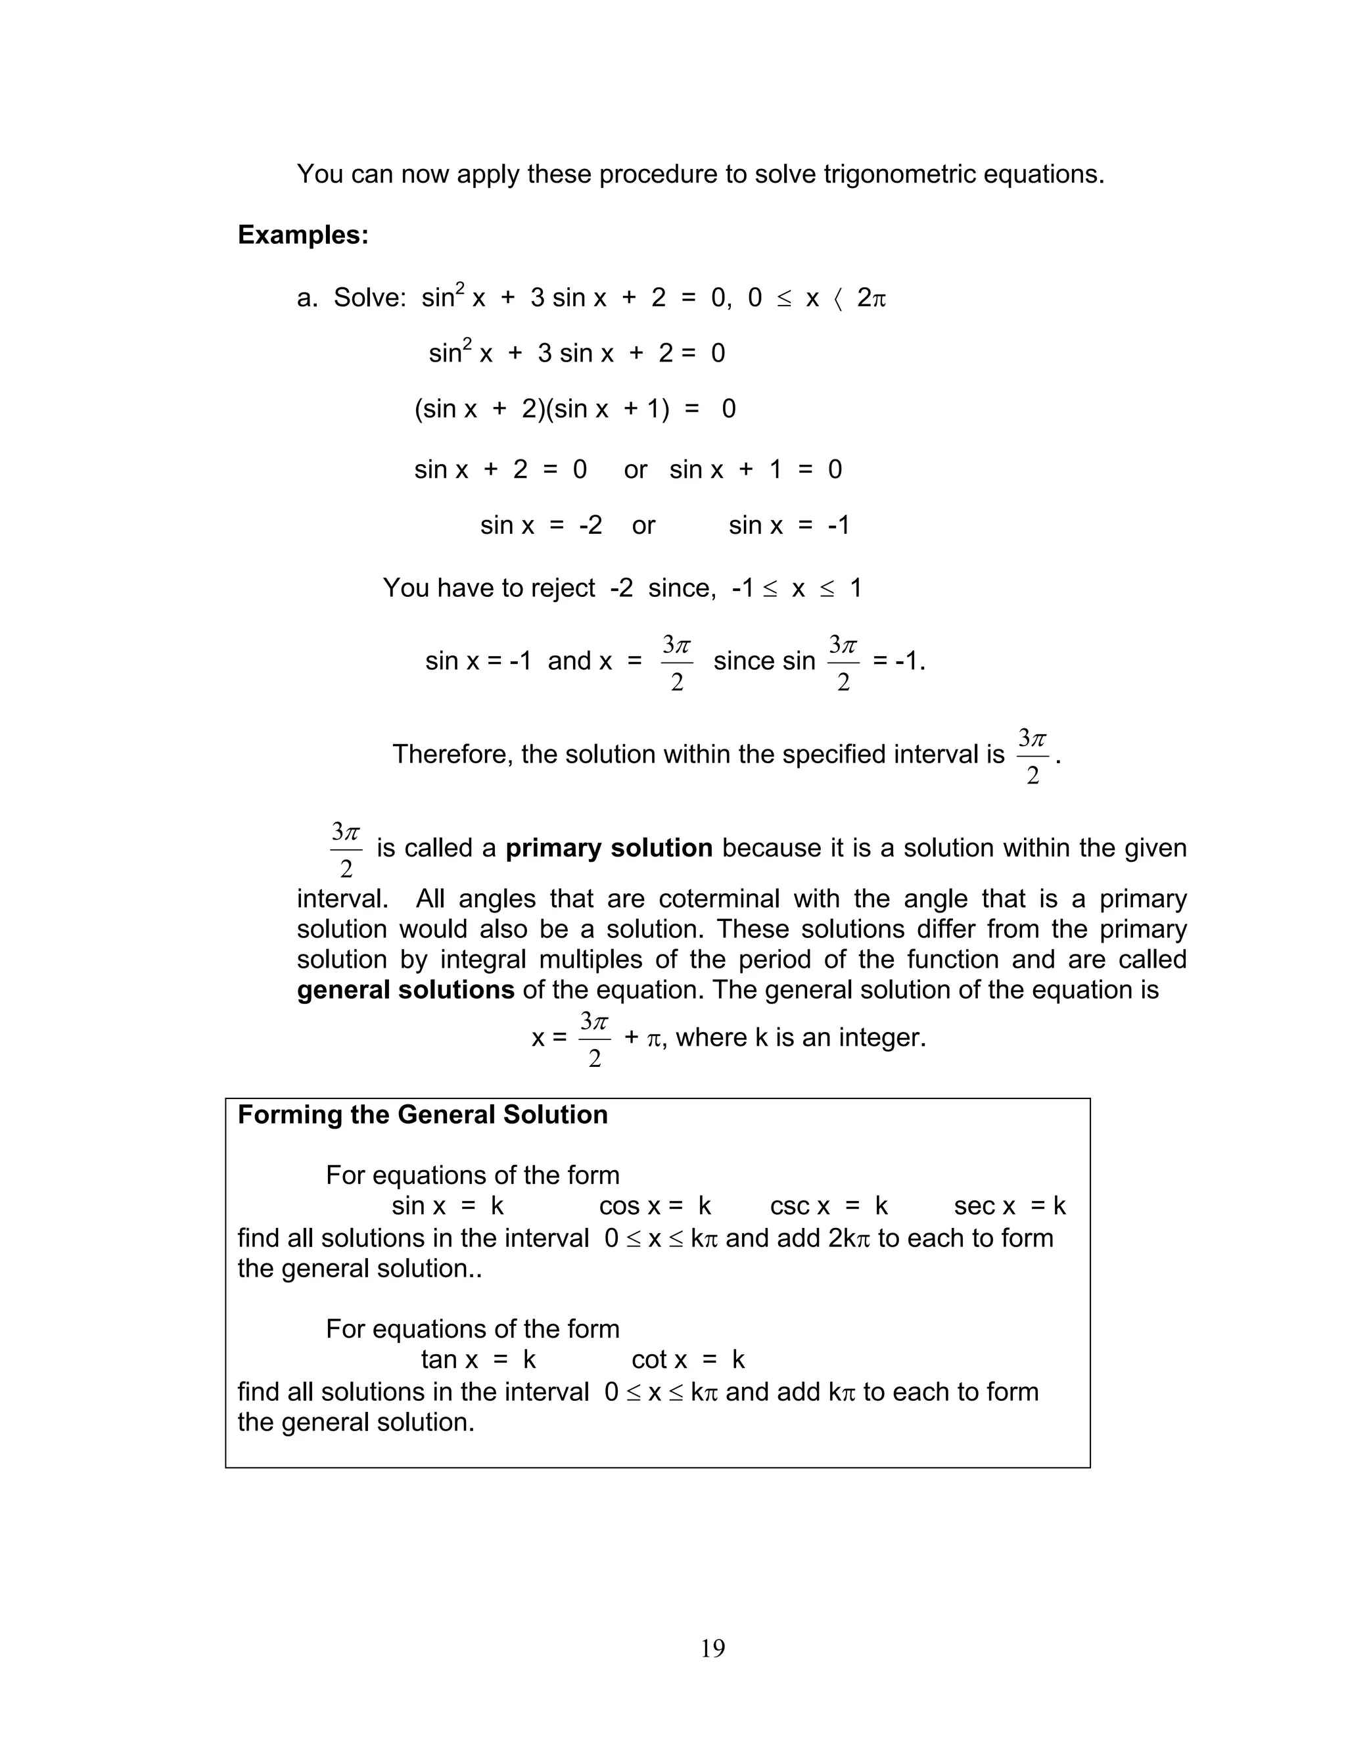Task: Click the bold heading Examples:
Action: click(x=303, y=235)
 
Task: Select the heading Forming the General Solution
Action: click(x=423, y=1115)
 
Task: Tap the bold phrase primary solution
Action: click(x=609, y=848)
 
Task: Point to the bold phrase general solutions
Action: click(x=405, y=990)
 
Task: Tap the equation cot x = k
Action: click(x=687, y=1359)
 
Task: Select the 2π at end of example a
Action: click(x=871, y=298)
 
